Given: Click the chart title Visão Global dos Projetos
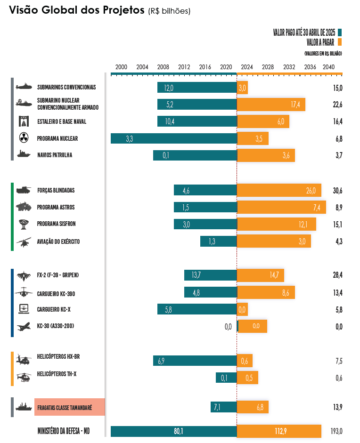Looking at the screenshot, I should click(77, 11).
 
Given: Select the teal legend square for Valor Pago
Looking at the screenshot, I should click(339, 32).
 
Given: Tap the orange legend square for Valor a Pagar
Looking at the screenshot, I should click(339, 41).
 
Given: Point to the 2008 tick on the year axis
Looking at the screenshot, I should click(163, 67).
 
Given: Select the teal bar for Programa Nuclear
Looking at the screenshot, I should click(173, 138).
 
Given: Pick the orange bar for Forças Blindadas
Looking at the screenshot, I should click(279, 190).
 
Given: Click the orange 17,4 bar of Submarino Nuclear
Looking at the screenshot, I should click(271, 105).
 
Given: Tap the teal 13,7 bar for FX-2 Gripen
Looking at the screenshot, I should click(210, 275).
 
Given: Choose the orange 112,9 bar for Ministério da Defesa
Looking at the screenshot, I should click(279, 431).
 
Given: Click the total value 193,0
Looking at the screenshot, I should click(336, 431).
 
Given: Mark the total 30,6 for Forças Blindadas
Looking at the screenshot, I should click(337, 191).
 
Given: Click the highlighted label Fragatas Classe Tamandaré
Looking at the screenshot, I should click(69, 407).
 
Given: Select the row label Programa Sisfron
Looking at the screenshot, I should click(56, 224).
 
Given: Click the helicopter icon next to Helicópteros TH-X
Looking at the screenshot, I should click(23, 377).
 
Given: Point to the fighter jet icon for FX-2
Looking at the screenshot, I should click(23, 275).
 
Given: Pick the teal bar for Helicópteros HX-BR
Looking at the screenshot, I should click(195, 361).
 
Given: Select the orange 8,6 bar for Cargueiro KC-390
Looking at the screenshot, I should click(266, 292).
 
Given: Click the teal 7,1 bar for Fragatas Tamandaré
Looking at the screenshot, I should click(223, 407).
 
